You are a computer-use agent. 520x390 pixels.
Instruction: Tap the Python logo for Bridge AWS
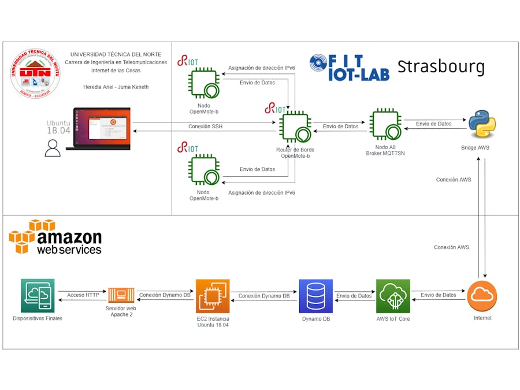coord(482,124)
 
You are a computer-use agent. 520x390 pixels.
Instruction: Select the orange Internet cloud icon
coord(482,295)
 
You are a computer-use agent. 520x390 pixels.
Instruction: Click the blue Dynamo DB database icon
coord(316,296)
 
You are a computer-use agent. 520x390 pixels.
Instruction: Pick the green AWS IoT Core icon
coord(393,296)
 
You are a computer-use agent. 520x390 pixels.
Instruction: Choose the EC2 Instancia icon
coord(213,296)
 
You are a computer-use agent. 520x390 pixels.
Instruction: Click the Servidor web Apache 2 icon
coord(122,296)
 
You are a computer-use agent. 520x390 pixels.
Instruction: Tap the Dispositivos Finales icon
coord(38,296)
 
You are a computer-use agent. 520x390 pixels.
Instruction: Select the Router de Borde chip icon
coord(296,128)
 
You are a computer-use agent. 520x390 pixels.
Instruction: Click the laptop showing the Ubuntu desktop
coord(98,129)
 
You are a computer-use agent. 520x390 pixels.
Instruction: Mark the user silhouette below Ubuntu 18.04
coord(53,148)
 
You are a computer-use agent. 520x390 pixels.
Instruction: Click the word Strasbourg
coord(441,66)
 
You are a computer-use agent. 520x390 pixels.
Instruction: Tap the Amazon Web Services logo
coord(55,237)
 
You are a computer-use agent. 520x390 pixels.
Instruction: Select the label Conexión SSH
coord(205,127)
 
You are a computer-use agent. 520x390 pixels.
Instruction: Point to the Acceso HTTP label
coord(83,295)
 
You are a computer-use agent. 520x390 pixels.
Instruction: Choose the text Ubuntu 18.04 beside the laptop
coord(58,127)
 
